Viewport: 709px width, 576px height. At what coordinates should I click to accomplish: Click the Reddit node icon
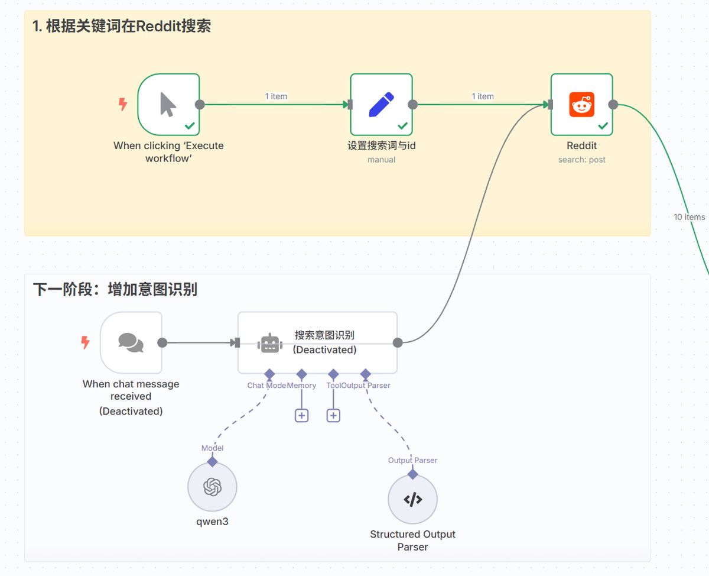pyautogui.click(x=582, y=105)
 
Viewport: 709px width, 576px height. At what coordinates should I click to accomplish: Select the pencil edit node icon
pyautogui.click(x=381, y=105)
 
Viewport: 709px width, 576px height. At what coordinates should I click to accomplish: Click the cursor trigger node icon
pyautogui.click(x=168, y=105)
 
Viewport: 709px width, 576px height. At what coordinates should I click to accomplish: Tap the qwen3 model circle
pyautogui.click(x=212, y=487)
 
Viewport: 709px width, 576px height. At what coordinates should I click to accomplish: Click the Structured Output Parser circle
pyautogui.click(x=412, y=500)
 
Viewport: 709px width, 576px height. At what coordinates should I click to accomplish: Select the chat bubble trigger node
pyautogui.click(x=131, y=342)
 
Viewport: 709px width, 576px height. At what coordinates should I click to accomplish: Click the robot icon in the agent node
pyautogui.click(x=270, y=343)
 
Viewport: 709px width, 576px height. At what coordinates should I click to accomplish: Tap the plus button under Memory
pyautogui.click(x=301, y=415)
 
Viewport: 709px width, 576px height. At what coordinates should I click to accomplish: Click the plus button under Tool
pyautogui.click(x=333, y=415)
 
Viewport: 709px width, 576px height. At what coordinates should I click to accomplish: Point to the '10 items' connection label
pyautogui.click(x=689, y=217)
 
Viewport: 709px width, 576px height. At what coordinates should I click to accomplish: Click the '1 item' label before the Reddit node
pyautogui.click(x=482, y=96)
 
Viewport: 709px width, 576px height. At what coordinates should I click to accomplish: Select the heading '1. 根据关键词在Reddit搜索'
pyautogui.click(x=121, y=26)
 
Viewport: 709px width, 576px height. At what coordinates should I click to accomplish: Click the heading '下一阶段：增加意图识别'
pyautogui.click(x=115, y=289)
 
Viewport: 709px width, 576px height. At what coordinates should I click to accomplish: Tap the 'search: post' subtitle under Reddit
pyautogui.click(x=582, y=160)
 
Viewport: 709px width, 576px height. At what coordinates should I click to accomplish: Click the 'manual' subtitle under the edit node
pyautogui.click(x=381, y=160)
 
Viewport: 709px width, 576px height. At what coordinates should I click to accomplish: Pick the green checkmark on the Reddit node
pyautogui.click(x=603, y=126)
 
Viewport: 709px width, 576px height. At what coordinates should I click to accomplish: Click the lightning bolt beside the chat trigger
pyautogui.click(x=86, y=342)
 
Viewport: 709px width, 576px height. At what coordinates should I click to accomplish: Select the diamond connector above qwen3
pyautogui.click(x=212, y=461)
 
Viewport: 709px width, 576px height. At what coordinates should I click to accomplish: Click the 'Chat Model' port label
pyautogui.click(x=266, y=386)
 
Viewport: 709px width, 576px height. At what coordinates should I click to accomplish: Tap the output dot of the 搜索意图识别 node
pyautogui.click(x=398, y=342)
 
